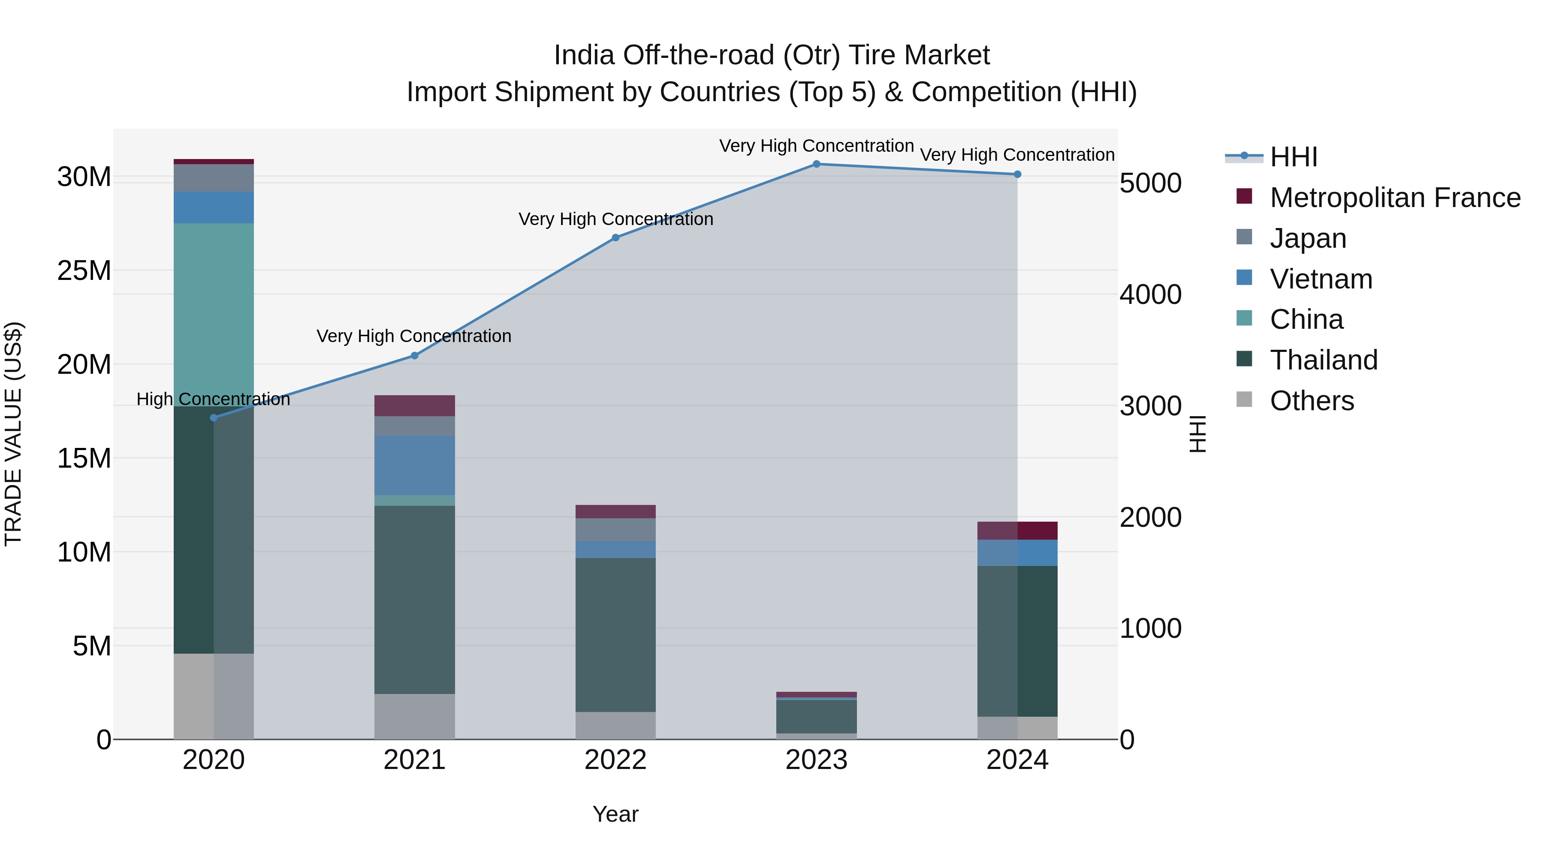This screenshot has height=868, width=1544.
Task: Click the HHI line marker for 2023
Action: click(x=816, y=164)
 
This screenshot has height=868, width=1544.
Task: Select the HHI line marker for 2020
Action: click(x=214, y=417)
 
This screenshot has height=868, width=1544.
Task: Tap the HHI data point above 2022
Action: click(x=615, y=238)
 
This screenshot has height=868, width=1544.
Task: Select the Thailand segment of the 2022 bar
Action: click(x=615, y=635)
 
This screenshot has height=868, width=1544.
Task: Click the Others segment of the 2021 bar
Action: click(x=415, y=716)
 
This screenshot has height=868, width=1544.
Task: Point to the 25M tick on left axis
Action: click(x=84, y=271)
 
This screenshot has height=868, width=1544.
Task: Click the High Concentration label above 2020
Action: click(x=214, y=399)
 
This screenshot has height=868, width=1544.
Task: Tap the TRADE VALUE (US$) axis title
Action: click(x=13, y=434)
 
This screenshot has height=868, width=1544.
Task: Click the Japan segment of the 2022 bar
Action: click(x=615, y=529)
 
